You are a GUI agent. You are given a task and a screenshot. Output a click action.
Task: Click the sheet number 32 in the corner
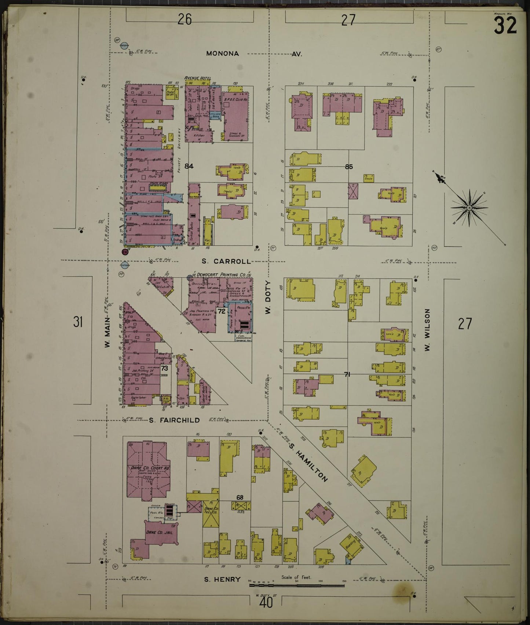coord(505,26)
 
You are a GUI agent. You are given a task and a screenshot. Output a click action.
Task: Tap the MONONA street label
coord(222,54)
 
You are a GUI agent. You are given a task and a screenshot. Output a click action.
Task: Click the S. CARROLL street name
coord(226,262)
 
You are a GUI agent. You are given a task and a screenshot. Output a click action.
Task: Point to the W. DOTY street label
coord(268,297)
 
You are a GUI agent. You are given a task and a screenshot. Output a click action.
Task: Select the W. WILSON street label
coord(427,330)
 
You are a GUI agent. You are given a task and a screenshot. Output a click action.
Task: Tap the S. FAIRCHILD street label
coord(174,420)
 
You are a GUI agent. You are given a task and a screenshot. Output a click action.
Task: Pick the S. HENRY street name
coord(222,580)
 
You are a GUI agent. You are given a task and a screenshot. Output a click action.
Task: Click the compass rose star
coord(469,208)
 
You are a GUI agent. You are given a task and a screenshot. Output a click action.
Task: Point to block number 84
coord(189,166)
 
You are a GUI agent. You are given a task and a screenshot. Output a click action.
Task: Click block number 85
coord(348,167)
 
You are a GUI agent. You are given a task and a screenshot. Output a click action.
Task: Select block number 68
coord(240,498)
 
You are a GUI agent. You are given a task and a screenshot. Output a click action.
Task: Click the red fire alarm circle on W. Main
coord(125,252)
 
